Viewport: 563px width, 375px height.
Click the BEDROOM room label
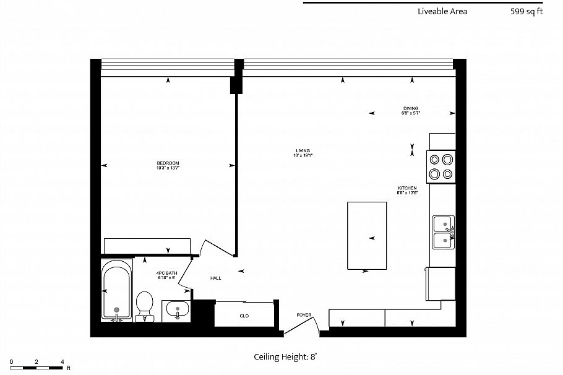point(168,163)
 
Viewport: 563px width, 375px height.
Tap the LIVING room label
point(303,150)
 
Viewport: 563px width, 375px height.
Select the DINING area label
point(411,108)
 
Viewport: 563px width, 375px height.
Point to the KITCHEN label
point(407,188)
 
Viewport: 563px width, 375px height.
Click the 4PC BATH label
point(166,273)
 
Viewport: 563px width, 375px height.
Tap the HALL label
point(215,278)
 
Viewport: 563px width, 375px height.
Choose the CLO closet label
point(244,316)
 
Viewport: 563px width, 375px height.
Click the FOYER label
point(304,315)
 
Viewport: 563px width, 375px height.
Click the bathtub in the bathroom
point(117,290)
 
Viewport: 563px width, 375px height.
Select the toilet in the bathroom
point(145,303)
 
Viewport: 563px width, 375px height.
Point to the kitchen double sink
point(444,231)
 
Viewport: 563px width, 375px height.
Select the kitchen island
point(366,235)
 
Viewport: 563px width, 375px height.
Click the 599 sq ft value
point(526,11)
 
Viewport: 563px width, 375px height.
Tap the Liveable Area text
point(442,11)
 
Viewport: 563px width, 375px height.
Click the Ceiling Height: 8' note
point(286,356)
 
